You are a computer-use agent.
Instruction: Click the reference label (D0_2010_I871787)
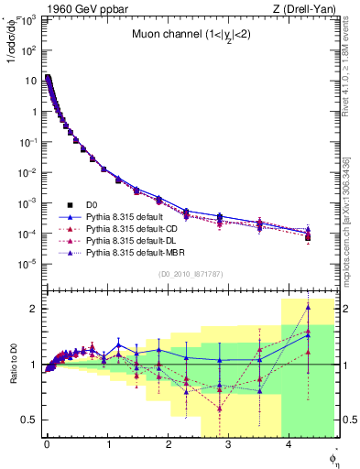point(190,274)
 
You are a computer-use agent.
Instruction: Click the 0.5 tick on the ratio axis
point(29,420)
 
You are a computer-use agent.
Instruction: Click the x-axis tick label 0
point(47,444)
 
